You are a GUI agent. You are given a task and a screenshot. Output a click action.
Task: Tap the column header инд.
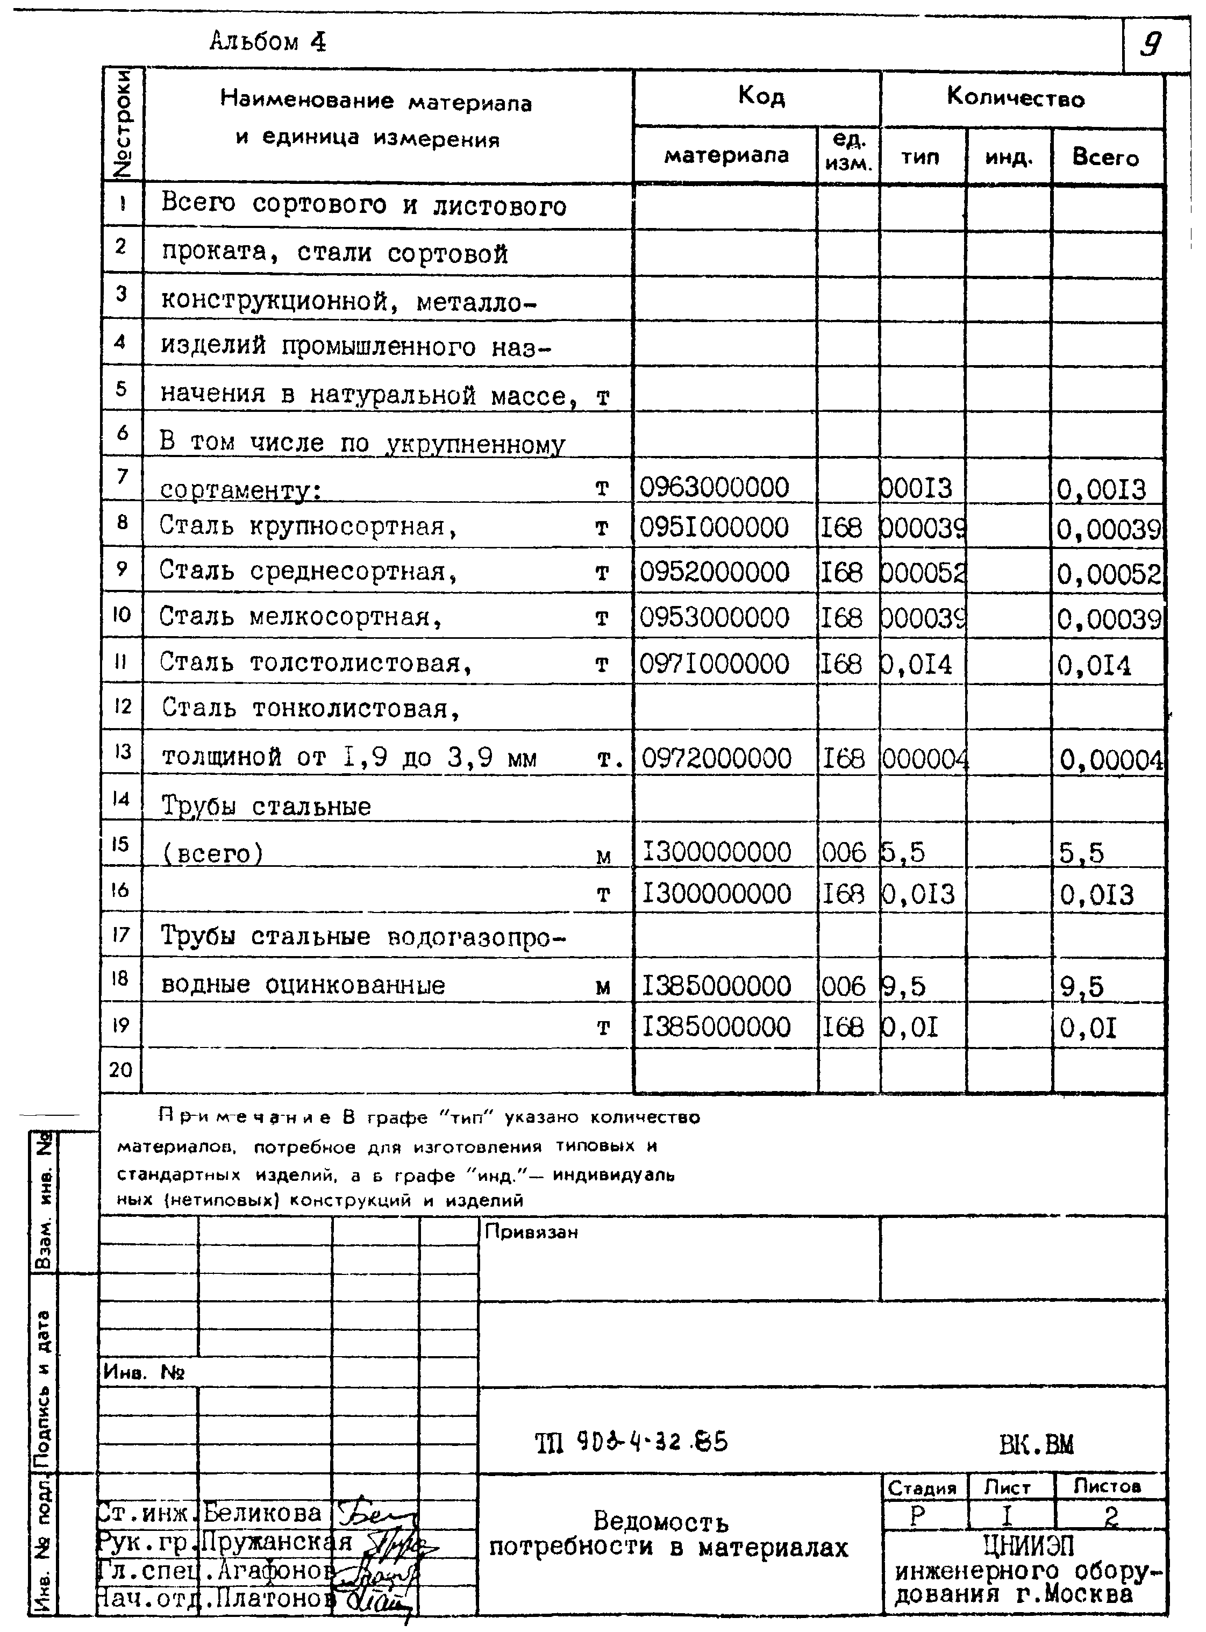(1008, 157)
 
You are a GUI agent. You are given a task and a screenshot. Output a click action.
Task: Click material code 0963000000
(714, 487)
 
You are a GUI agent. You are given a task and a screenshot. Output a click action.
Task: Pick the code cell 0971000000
(714, 664)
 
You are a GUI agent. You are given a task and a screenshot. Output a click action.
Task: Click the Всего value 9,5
(1081, 987)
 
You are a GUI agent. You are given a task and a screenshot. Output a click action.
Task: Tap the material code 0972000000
(716, 759)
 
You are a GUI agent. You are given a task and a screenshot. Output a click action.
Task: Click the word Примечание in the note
(244, 1117)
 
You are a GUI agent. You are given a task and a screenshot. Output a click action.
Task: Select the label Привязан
(531, 1232)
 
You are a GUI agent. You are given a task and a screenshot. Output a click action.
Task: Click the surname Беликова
(262, 1513)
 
